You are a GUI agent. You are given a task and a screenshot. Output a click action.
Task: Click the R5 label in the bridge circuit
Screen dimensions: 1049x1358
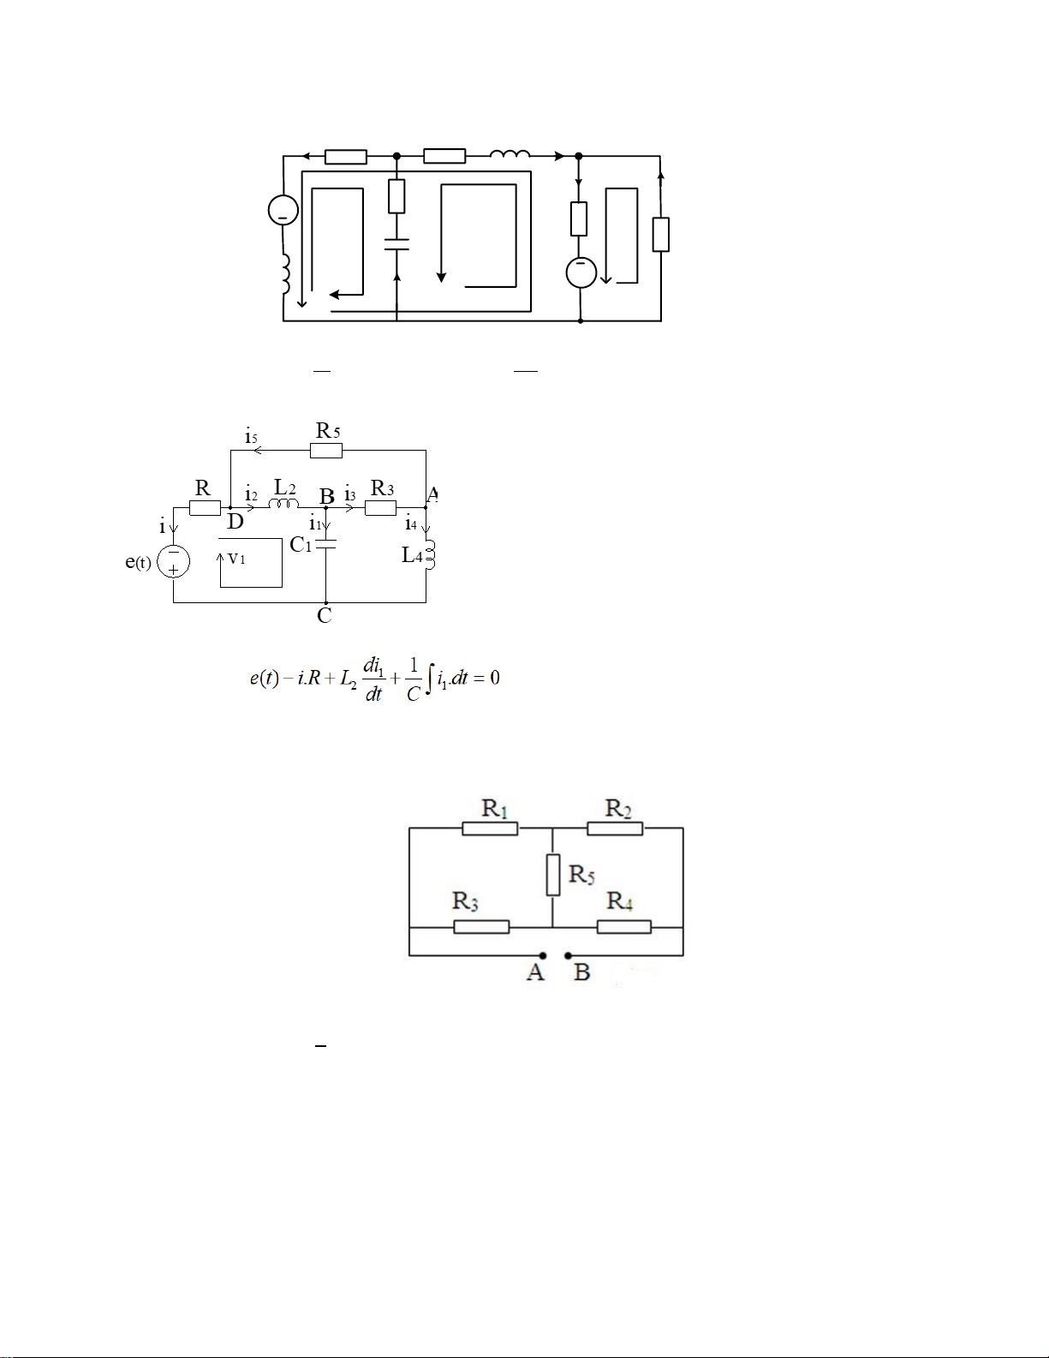coord(581,874)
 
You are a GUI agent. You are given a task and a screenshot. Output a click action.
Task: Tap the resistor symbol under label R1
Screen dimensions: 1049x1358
coord(490,829)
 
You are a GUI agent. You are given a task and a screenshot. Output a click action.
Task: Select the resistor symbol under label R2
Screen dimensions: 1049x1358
coord(615,829)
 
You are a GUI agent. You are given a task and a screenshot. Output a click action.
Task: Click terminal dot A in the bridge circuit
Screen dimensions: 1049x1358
coord(543,955)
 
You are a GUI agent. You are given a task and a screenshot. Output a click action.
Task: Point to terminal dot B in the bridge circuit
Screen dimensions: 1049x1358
coord(568,955)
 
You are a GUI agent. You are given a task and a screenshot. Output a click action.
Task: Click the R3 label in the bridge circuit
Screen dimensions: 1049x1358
coord(465,901)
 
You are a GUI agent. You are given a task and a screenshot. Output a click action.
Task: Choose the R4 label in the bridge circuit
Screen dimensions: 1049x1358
coord(619,901)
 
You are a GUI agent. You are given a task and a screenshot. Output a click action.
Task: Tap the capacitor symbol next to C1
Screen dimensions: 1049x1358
coord(326,544)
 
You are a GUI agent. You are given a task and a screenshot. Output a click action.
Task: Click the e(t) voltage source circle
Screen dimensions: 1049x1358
coord(174,561)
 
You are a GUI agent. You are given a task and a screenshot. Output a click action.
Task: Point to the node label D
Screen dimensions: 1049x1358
coord(235,521)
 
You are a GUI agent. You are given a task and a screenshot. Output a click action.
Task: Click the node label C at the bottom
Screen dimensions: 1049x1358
coord(324,615)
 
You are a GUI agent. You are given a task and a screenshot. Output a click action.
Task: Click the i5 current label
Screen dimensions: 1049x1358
coord(251,436)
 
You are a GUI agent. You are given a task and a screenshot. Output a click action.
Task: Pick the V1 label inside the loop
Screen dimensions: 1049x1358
coord(236,558)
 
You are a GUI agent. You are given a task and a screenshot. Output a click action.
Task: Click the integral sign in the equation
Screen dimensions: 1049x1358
coord(430,679)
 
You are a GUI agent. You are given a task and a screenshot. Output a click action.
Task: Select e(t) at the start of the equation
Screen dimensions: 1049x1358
coord(265,678)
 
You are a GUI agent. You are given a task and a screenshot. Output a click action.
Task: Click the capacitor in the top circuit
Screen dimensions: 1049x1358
coord(396,243)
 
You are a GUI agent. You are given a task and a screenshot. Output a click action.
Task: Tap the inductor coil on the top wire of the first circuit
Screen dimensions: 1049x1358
coord(510,153)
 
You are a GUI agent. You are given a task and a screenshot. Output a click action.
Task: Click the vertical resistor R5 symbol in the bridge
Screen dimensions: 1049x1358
coord(553,876)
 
